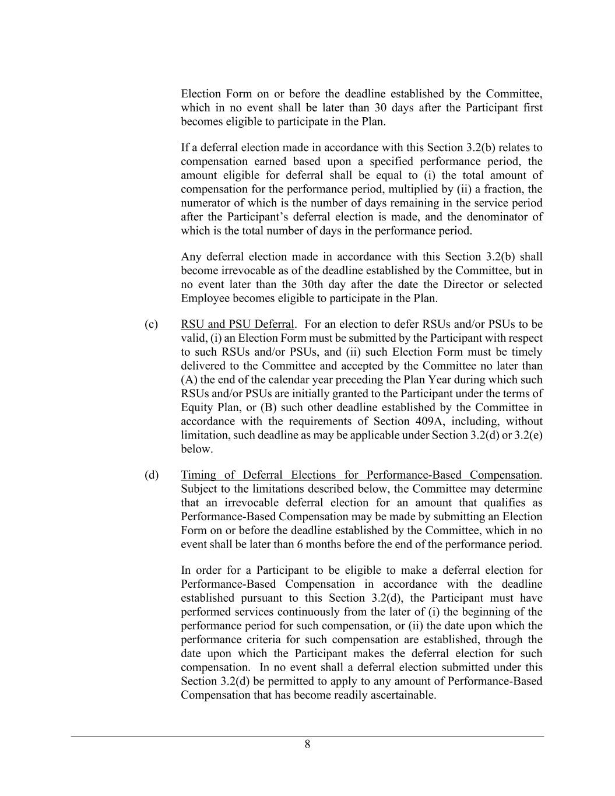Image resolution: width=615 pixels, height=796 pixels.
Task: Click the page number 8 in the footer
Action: tap(307, 744)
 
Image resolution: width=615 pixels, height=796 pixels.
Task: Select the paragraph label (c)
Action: tap(151, 324)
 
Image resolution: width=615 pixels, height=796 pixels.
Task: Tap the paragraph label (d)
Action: tap(152, 475)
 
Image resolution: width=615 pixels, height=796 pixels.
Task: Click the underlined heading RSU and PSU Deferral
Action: tap(237, 324)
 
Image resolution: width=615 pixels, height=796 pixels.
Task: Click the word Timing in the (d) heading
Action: tap(198, 475)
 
